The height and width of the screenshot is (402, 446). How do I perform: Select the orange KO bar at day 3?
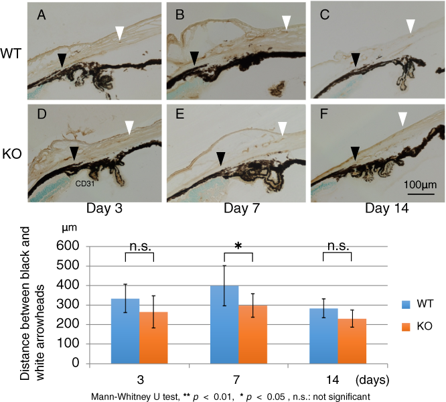153,338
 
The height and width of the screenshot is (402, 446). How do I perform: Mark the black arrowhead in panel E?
219,140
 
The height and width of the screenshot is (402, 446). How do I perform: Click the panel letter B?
180,13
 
